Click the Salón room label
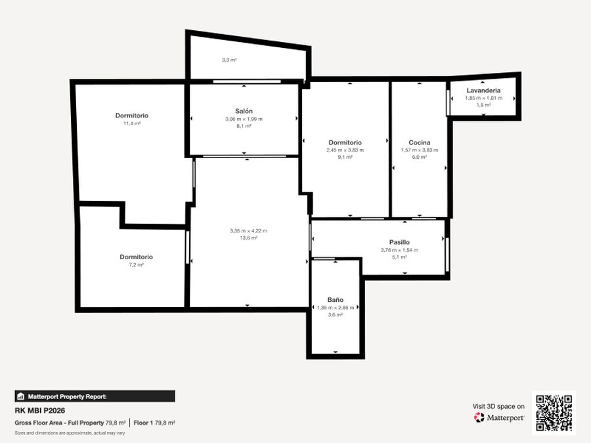click(244, 111)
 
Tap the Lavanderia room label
click(483, 91)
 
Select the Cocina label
click(420, 142)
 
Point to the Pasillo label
click(399, 242)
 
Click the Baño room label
click(336, 300)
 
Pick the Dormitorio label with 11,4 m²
click(132, 116)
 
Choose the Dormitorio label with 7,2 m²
click(137, 257)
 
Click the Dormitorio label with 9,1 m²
click(345, 142)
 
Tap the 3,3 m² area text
click(229, 60)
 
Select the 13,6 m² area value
click(249, 238)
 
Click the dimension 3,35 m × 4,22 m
click(249, 231)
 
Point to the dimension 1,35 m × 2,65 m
click(336, 307)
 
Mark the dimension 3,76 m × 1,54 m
click(399, 250)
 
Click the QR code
click(554, 413)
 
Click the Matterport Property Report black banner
click(95, 396)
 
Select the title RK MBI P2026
click(40, 411)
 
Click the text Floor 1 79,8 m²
click(154, 423)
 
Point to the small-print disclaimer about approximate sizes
click(70, 433)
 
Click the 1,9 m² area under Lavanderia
click(483, 105)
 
